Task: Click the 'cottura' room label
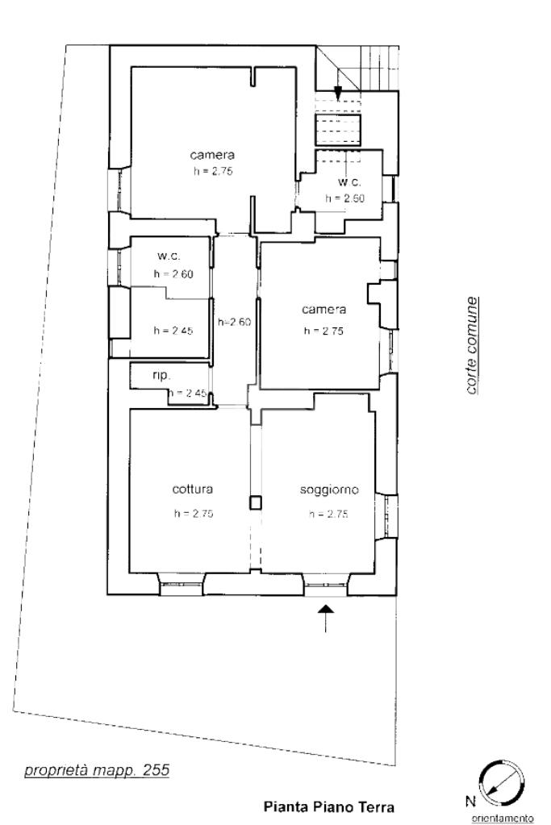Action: click(x=193, y=489)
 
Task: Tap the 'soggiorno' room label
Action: click(x=329, y=490)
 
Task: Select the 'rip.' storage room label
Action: click(x=161, y=376)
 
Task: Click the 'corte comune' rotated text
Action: click(x=472, y=346)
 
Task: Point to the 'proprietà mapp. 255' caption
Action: click(x=97, y=770)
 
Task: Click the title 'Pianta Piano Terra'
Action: click(x=328, y=806)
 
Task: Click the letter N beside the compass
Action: click(x=470, y=802)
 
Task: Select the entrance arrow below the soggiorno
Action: click(x=326, y=618)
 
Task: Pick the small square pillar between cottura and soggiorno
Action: click(x=255, y=503)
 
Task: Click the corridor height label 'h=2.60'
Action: click(x=234, y=322)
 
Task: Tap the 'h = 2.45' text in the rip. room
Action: click(x=189, y=393)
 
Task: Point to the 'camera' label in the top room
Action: click(x=212, y=155)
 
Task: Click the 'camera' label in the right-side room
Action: click(x=324, y=310)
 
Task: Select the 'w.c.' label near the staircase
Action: click(x=349, y=182)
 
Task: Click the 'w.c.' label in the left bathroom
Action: click(x=169, y=256)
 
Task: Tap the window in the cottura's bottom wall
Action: click(x=181, y=584)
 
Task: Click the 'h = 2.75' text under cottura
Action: click(x=194, y=514)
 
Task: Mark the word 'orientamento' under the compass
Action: click(x=502, y=819)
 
